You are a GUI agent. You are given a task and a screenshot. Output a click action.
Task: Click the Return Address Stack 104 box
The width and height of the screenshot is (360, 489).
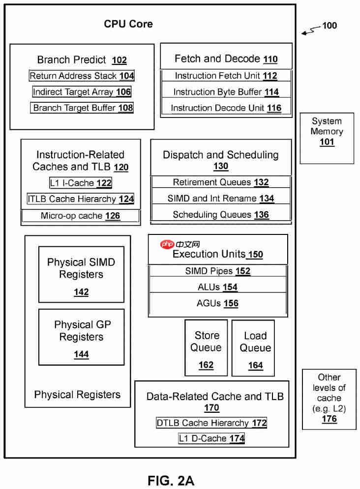click(x=82, y=76)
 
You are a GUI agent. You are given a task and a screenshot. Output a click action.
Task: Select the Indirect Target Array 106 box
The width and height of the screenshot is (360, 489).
click(x=82, y=92)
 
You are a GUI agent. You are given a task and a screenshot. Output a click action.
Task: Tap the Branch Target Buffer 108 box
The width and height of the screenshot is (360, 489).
click(x=82, y=108)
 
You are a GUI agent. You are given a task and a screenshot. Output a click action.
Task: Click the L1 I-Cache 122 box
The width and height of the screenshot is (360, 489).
click(x=81, y=183)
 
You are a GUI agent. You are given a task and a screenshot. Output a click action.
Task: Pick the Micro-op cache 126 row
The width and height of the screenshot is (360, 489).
click(x=81, y=216)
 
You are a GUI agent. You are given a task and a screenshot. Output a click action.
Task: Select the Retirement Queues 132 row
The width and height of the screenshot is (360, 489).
click(x=221, y=182)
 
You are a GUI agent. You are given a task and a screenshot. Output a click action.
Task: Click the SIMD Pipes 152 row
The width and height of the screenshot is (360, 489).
click(x=218, y=271)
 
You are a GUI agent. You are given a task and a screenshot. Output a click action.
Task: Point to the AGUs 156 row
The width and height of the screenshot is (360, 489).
click(x=218, y=303)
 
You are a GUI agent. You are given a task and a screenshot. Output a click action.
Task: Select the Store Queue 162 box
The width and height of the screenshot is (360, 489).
click(x=206, y=348)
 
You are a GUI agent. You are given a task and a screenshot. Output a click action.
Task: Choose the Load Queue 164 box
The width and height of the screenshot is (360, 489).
click(x=253, y=348)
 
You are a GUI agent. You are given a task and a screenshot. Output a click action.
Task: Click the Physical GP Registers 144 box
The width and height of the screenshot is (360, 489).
click(x=82, y=337)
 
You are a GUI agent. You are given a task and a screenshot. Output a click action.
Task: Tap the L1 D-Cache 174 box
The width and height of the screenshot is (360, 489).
click(x=211, y=438)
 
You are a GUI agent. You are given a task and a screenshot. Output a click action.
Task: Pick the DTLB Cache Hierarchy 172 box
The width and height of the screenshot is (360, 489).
click(x=211, y=423)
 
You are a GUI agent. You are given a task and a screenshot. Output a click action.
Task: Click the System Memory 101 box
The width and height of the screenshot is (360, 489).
click(x=327, y=138)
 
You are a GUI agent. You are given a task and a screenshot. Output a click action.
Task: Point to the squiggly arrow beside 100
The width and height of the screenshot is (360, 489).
click(x=311, y=30)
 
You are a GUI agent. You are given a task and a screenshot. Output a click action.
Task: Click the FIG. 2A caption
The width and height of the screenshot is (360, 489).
click(x=171, y=481)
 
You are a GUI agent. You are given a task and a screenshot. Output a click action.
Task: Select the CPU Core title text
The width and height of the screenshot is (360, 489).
click(x=128, y=24)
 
